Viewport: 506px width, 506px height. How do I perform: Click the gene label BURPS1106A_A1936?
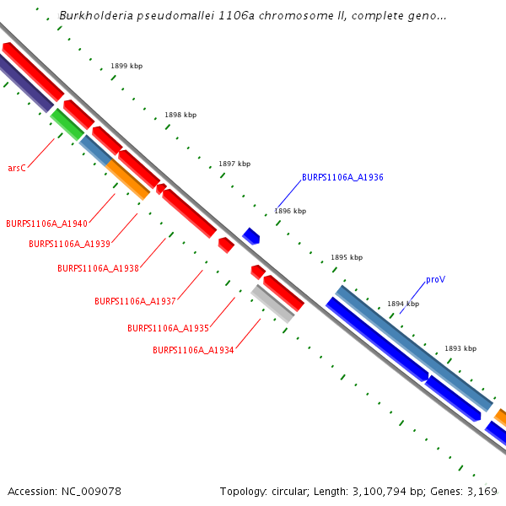click(342, 178)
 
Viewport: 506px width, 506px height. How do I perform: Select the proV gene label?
click(435, 279)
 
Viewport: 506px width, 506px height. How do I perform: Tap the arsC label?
click(17, 169)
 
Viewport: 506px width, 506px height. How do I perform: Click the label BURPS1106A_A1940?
click(46, 224)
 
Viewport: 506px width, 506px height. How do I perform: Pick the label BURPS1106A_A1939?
click(69, 244)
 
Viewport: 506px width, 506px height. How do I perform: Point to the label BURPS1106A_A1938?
click(98, 268)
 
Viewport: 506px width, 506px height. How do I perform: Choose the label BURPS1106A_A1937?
click(135, 301)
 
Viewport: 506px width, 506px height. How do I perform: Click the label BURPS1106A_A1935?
click(168, 328)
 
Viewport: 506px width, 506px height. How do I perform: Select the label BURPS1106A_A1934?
click(193, 350)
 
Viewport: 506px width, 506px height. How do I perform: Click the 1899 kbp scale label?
click(126, 66)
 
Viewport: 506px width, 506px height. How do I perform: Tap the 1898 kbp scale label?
click(180, 115)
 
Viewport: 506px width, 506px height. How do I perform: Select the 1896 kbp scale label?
click(290, 211)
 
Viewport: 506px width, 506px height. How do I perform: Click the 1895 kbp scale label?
click(347, 257)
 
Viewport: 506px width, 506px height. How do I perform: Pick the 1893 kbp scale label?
click(460, 348)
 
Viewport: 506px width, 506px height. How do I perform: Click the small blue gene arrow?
click(250, 235)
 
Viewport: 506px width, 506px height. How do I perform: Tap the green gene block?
click(67, 123)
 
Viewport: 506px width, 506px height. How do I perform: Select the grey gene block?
click(272, 304)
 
